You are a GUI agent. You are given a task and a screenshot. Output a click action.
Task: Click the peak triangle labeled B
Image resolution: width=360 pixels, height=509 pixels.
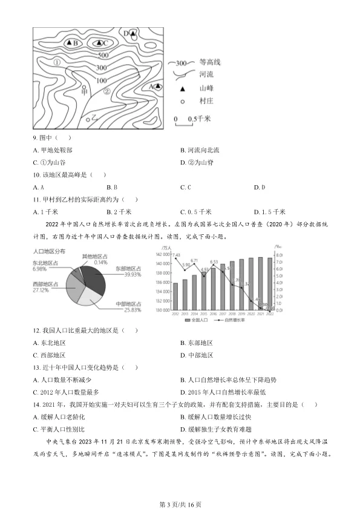pyautogui.click(x=70, y=43)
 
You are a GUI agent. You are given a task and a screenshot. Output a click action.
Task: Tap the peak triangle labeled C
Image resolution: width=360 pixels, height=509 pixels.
pyautogui.click(x=98, y=42)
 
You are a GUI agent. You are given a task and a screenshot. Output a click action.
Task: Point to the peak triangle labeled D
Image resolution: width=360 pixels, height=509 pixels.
pyautogui.click(x=133, y=33)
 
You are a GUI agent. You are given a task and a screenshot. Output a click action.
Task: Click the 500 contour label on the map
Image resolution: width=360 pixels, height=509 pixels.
pyautogui.click(x=102, y=56)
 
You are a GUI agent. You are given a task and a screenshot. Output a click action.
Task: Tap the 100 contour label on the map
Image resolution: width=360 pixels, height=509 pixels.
pyautogui.click(x=101, y=80)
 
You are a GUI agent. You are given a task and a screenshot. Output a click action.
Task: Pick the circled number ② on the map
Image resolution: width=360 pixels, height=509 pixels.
pyautogui.click(x=106, y=92)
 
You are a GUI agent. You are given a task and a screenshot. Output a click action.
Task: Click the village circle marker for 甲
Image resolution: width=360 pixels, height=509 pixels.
pyautogui.click(x=85, y=87)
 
